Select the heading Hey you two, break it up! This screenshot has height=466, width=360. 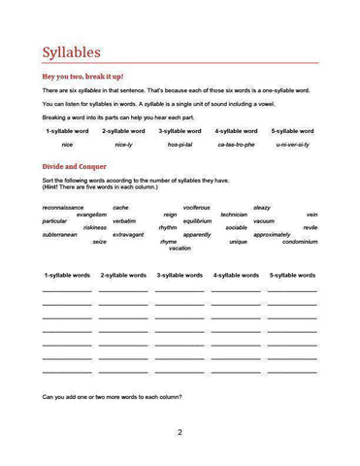[82, 76]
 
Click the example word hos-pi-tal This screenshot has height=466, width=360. [180, 145]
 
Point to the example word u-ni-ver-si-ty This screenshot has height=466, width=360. [292, 145]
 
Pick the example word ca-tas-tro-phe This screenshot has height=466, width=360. [236, 145]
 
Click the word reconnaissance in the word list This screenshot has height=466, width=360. [63, 207]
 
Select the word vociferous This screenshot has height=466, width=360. [196, 207]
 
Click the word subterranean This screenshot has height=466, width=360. [60, 234]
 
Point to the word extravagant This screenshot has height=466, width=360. [128, 234]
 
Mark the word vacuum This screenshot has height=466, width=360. [264, 220]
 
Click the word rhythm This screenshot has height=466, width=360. [168, 227]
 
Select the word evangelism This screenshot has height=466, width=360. [84, 214]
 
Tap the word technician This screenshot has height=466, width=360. [234, 214]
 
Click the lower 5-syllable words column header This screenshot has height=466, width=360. [292, 276]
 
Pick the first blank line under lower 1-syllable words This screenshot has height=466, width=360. [67, 291]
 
